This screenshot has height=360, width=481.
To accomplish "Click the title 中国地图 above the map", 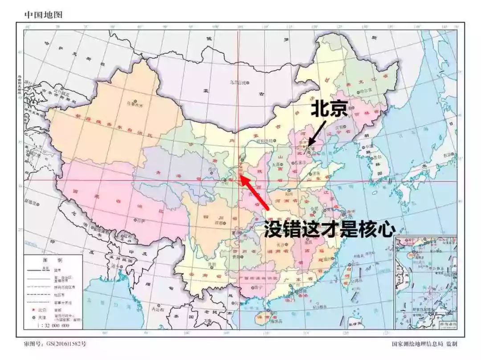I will (44, 15).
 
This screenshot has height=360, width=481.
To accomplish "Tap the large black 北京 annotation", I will (329, 109).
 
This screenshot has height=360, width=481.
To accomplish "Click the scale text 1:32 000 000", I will (53, 325).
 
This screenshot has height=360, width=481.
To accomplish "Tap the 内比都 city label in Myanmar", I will (158, 308).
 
